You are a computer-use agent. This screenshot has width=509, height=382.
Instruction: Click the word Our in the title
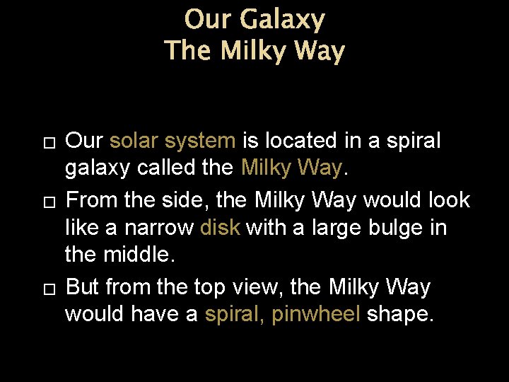(209, 19)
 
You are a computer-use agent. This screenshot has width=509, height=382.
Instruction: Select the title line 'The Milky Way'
(254, 52)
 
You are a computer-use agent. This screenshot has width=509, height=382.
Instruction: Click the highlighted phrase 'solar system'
(172, 141)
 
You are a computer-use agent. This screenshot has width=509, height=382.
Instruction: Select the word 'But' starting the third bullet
(81, 287)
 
